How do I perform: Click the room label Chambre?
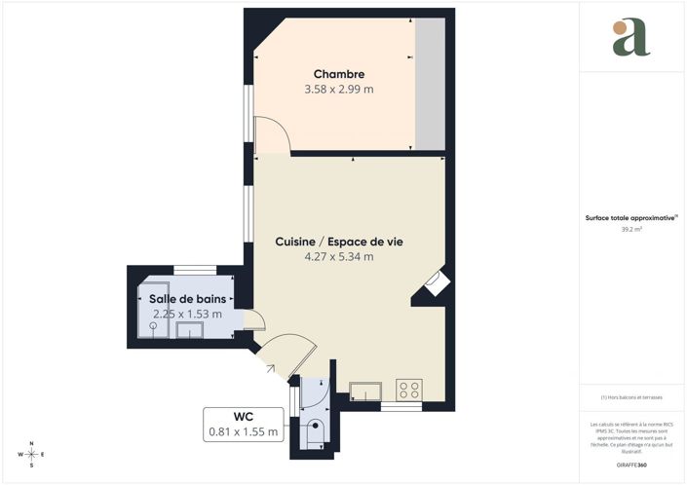[339, 74]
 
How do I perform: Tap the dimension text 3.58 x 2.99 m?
[339, 90]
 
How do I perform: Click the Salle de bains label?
[187, 299]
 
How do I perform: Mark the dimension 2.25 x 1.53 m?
[187, 314]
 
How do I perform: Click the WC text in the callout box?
[243, 415]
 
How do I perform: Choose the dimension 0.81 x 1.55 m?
[243, 431]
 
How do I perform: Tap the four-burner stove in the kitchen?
[409, 391]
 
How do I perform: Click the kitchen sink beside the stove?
[365, 391]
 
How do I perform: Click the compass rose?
[31, 454]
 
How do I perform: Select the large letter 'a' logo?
[630, 38]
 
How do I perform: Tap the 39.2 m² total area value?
[631, 230]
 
